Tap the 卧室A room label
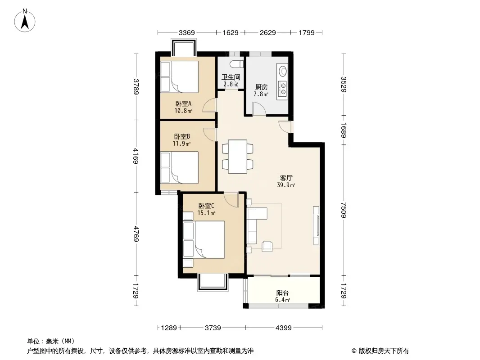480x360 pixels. pos(183,103)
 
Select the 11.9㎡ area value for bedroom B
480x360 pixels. pos(182,144)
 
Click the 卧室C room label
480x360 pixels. pos(206,206)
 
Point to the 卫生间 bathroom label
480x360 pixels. pos(231,77)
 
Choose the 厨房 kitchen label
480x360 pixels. pos(261,87)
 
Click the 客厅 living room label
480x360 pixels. pos(286,178)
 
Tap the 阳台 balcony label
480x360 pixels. pos(282,293)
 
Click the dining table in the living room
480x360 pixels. pos(238,157)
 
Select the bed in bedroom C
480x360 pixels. pos(204,240)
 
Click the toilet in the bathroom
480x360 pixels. pos(236,64)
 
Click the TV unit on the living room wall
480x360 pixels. pos(316,225)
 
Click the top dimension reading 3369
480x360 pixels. pos(187,32)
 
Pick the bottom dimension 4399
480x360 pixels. pos(284,328)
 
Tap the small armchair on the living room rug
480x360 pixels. pos(267,246)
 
